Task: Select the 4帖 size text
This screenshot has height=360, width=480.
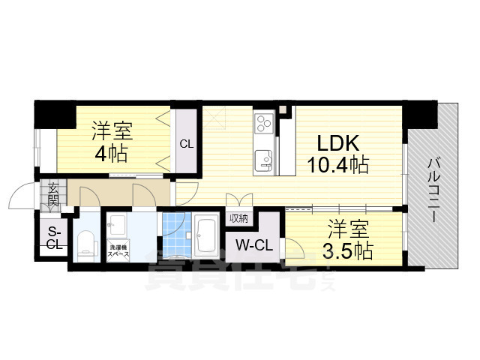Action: (111, 154)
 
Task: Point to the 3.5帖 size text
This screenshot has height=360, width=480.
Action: (344, 250)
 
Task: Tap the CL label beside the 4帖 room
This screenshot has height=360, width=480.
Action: (186, 144)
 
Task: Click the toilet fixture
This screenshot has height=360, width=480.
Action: (85, 241)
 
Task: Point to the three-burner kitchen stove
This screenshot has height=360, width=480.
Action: (263, 123)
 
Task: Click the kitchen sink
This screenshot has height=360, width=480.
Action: (263, 158)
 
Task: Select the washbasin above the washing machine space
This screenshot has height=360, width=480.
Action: (117, 223)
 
